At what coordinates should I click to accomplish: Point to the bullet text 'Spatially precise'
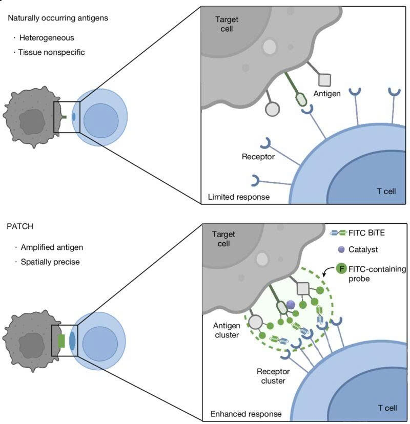[x=49, y=262]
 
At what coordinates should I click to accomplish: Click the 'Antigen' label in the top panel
[x=326, y=93]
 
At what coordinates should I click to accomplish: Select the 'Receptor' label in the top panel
[x=258, y=156]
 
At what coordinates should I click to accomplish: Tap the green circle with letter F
[x=342, y=268]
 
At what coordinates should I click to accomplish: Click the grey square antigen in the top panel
[x=325, y=79]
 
